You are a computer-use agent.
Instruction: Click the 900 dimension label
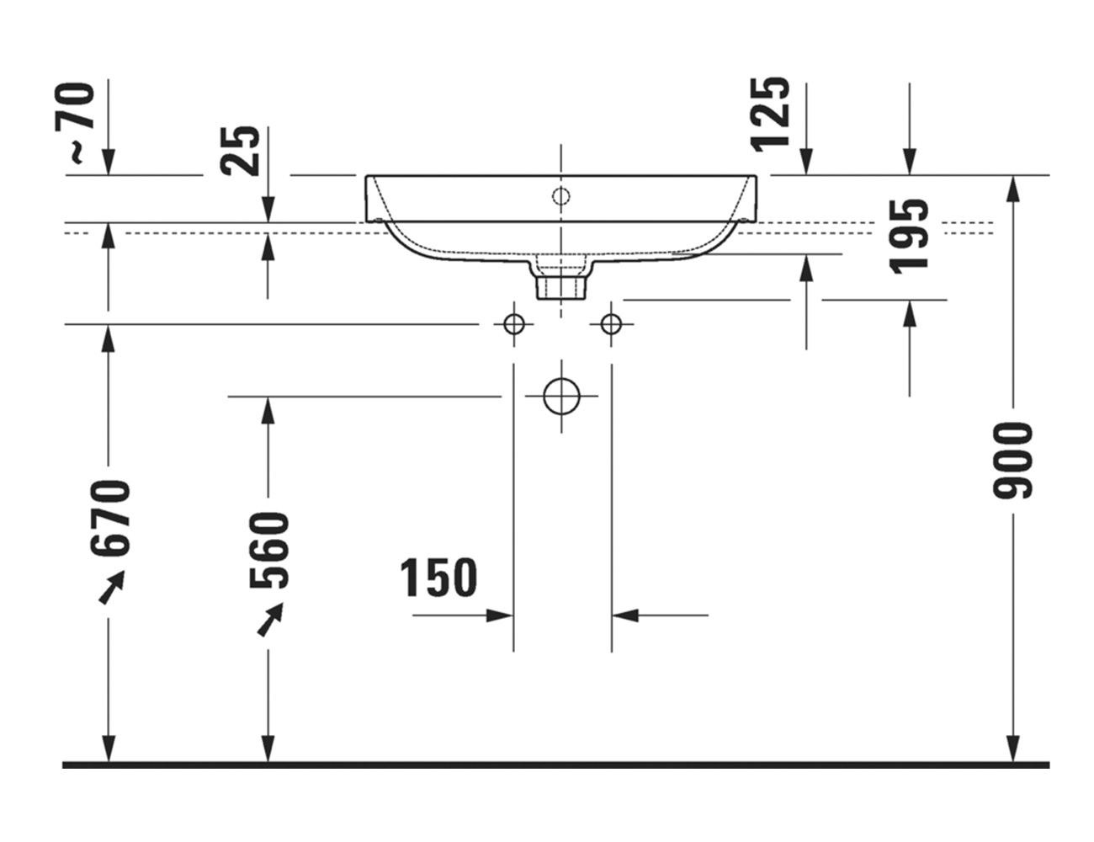1012,461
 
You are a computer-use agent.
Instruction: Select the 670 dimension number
110,520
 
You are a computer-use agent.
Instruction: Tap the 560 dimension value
268,551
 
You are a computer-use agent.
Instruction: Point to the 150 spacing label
438,578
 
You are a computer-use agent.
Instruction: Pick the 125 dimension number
770,115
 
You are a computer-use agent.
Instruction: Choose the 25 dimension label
240,151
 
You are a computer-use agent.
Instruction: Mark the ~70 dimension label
75,124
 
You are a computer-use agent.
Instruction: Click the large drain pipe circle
562,397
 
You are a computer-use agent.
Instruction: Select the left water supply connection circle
513,324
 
